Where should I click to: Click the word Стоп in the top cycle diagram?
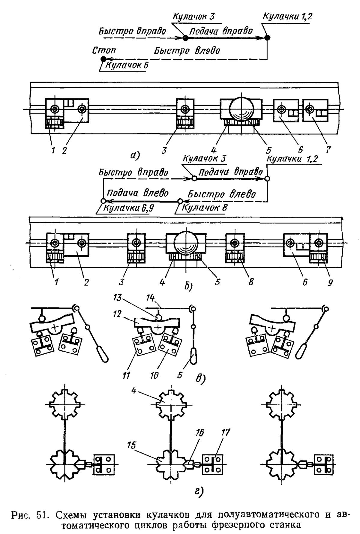103,50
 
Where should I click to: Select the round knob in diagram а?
241,109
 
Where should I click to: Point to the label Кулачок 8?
205,208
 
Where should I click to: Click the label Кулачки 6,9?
128,208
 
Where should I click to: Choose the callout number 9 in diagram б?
330,282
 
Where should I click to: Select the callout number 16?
199,433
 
